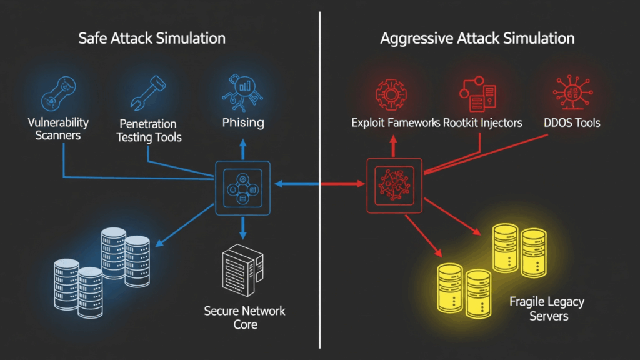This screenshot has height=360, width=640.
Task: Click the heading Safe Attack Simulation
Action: tap(152, 39)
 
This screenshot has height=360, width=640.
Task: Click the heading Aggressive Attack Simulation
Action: tap(477, 39)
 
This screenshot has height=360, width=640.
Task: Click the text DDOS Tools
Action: tap(570, 122)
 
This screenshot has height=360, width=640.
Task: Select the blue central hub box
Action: tap(243, 188)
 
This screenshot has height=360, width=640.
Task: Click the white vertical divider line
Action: tap(320, 250)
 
